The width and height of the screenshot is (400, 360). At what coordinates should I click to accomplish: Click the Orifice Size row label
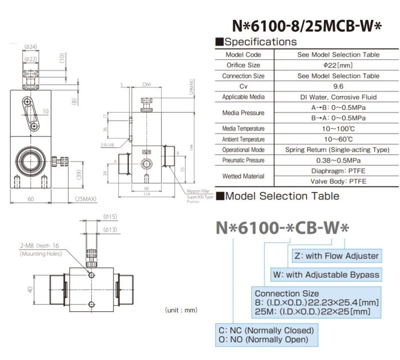tap(243, 65)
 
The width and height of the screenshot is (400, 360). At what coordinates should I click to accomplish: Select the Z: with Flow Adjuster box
tap(335, 256)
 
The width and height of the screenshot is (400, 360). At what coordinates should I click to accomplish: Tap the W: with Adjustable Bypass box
tap(326, 275)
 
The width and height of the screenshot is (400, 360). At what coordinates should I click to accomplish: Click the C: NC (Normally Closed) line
tap(266, 330)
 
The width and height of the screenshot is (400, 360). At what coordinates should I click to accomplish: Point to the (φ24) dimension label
tap(31, 47)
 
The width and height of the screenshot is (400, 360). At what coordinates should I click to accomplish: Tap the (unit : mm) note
tap(181, 310)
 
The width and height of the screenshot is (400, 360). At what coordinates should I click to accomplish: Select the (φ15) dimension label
tap(110, 217)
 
